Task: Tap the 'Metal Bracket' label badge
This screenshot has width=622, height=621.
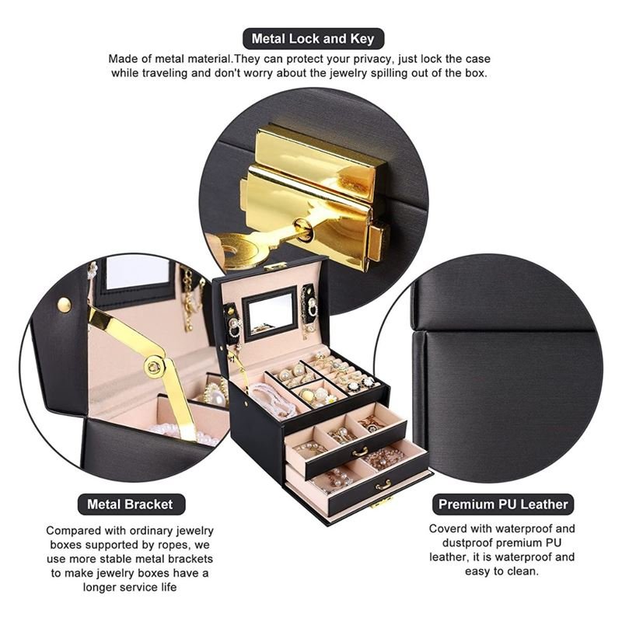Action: click(x=130, y=504)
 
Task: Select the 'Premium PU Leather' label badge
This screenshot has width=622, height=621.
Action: click(x=503, y=504)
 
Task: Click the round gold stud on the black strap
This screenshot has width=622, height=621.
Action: click(x=65, y=304)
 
